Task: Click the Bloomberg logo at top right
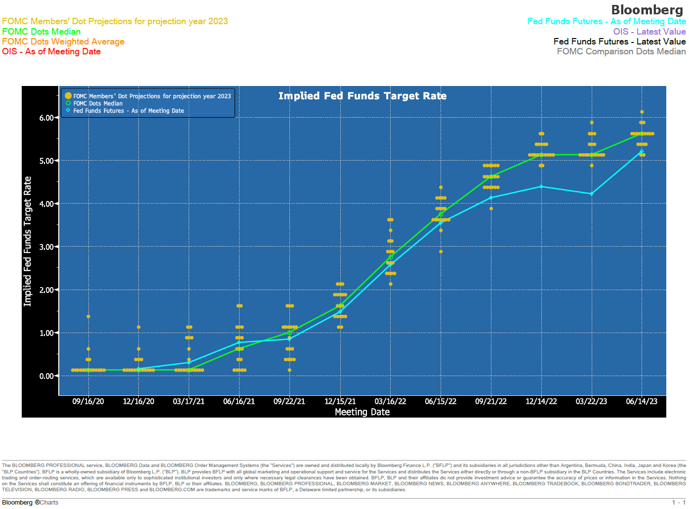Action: [x=647, y=10]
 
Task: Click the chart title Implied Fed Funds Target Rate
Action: [x=362, y=96]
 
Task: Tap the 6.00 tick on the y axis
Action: [x=46, y=118]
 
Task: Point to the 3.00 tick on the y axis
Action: [x=46, y=247]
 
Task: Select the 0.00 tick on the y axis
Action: [x=46, y=376]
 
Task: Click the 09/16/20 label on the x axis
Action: [x=88, y=401]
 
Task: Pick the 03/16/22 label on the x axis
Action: [x=390, y=401]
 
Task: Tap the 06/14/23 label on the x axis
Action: [x=642, y=401]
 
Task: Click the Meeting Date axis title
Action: [x=362, y=412]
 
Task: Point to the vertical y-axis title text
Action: [x=28, y=241]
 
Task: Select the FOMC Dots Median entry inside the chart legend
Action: [x=98, y=103]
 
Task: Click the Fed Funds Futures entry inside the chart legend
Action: [x=128, y=111]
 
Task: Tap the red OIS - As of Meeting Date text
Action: [x=51, y=51]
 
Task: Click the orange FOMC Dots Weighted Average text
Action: [x=63, y=42]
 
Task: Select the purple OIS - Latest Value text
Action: [x=649, y=32]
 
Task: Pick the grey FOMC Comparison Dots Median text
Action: [x=621, y=51]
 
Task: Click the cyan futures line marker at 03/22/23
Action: [x=591, y=194]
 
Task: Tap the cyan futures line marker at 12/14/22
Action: [x=541, y=186]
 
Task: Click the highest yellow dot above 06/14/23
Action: [x=642, y=112]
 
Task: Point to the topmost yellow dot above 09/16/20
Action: [x=88, y=316]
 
